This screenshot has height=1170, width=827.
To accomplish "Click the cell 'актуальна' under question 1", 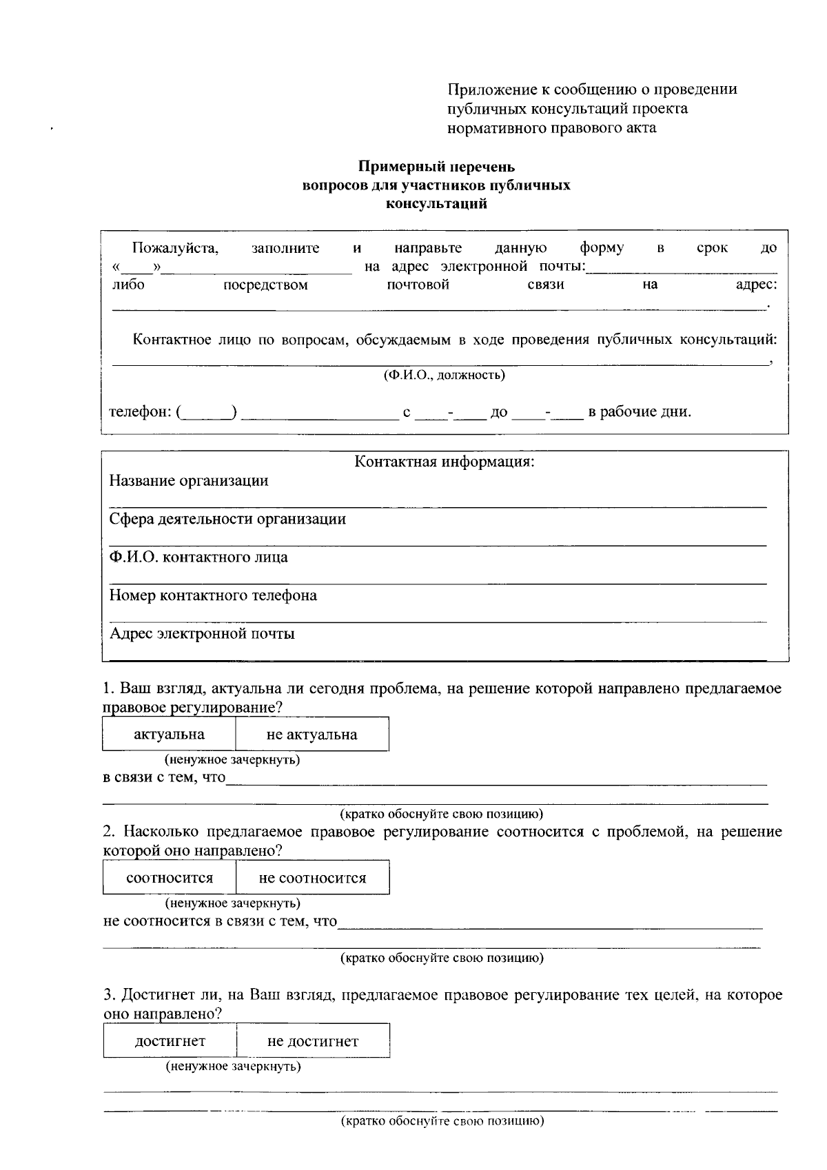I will click(x=169, y=735).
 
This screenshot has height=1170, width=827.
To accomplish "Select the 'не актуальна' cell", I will click(x=312, y=735).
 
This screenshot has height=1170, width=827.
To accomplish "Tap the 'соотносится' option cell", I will click(x=170, y=878).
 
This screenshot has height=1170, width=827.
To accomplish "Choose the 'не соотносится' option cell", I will click(x=312, y=878).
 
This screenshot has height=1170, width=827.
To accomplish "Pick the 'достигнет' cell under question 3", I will click(x=170, y=1041).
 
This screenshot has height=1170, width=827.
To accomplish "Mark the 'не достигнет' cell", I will click(x=312, y=1041).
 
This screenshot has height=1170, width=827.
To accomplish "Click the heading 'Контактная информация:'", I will click(x=445, y=462).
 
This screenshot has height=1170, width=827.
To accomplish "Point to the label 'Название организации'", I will click(x=189, y=481).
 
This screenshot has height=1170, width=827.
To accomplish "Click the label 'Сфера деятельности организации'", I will click(x=227, y=519).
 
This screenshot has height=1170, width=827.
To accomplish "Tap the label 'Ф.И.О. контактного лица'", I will click(x=198, y=557).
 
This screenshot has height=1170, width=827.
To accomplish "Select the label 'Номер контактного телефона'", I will click(x=213, y=595).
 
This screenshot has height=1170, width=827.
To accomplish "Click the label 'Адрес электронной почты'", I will click(x=202, y=634).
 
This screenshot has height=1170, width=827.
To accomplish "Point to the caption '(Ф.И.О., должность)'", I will click(x=445, y=375).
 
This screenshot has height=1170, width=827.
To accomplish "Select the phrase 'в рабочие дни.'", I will click(x=639, y=412).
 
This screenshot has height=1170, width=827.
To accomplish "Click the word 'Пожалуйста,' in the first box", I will click(x=175, y=248).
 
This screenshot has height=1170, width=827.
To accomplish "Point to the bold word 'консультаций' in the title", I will click(x=436, y=204).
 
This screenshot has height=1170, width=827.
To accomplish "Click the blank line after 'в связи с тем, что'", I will click(x=496, y=779).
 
